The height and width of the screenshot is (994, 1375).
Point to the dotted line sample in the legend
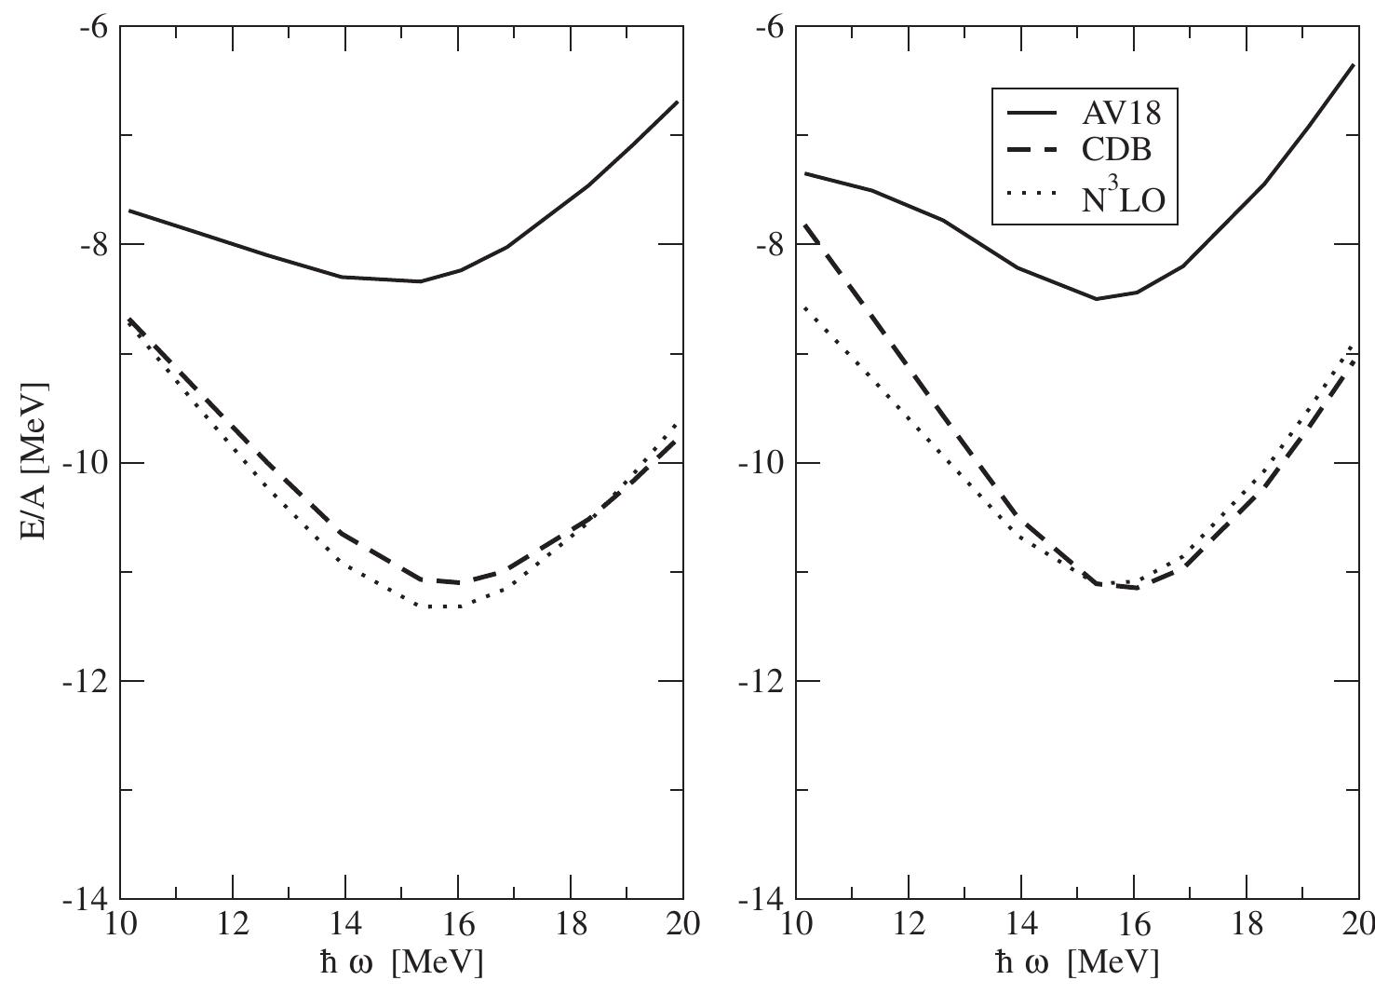click(x=1032, y=194)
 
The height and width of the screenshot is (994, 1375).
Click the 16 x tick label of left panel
click(x=458, y=925)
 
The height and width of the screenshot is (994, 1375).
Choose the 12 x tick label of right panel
click(x=909, y=925)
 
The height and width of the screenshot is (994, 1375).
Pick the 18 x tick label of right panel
click(x=1247, y=925)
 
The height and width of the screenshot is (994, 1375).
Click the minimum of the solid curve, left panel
click(x=420, y=281)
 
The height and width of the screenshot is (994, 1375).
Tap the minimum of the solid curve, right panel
click(x=1096, y=299)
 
